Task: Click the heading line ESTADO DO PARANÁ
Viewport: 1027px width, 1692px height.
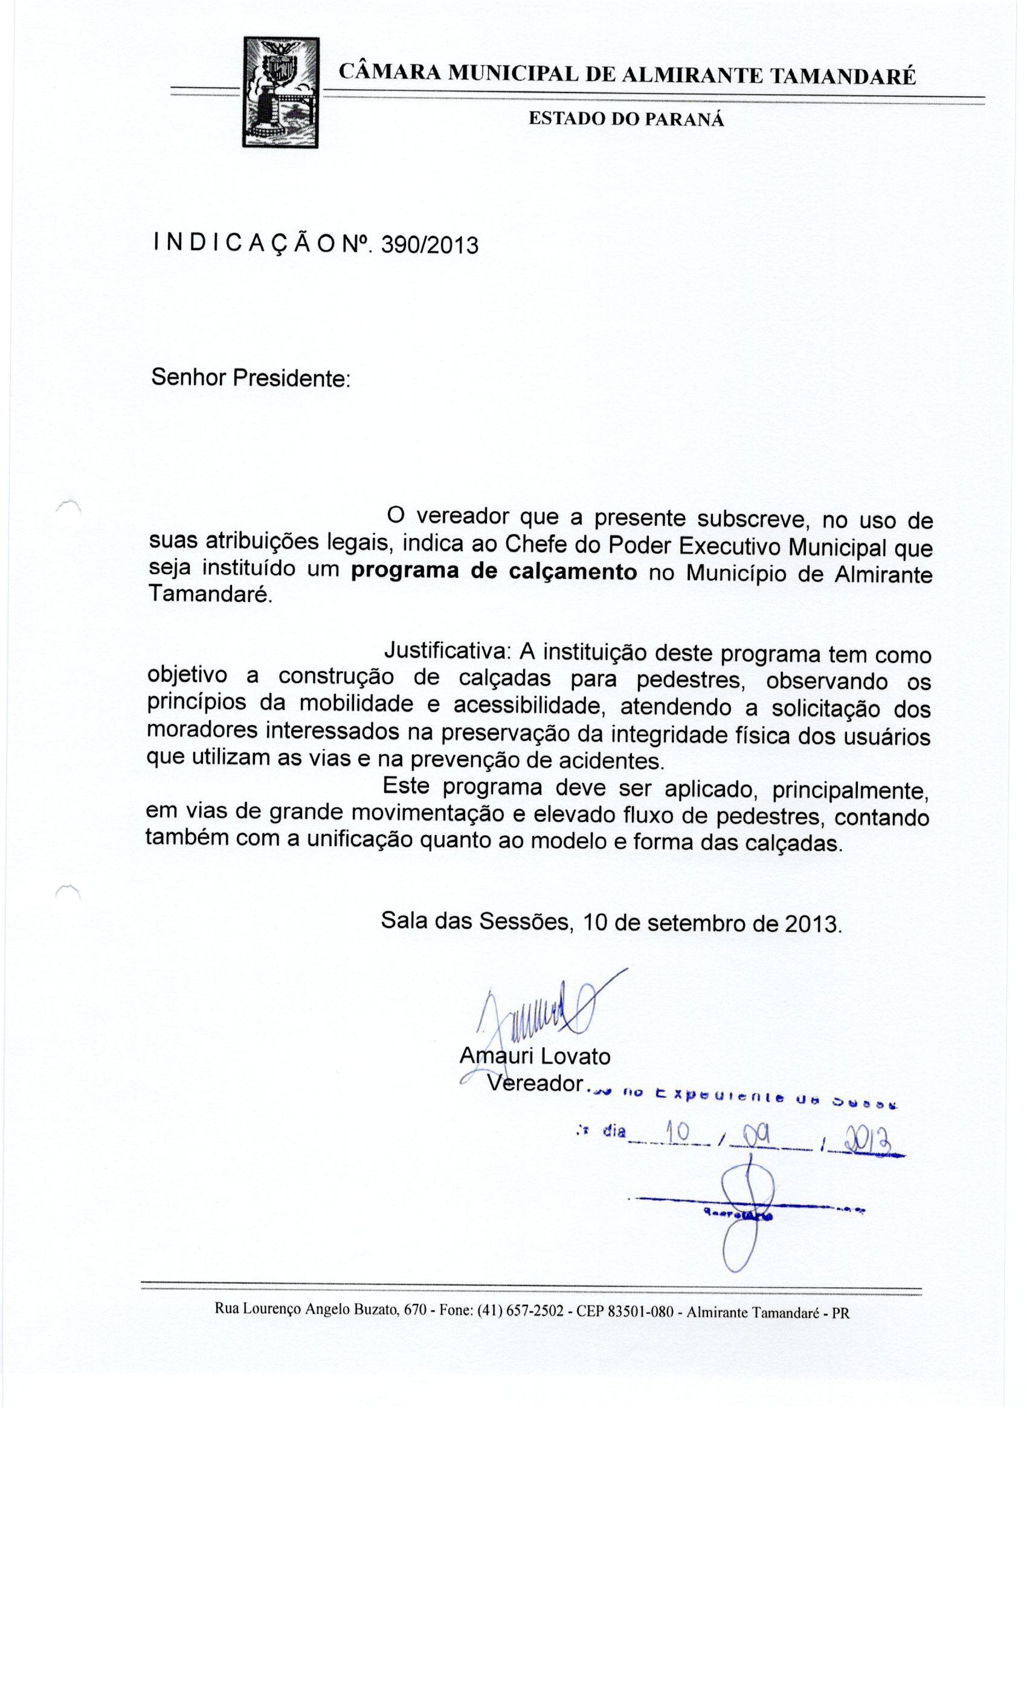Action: click(x=625, y=119)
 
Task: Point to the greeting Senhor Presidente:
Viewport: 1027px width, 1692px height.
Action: click(x=251, y=378)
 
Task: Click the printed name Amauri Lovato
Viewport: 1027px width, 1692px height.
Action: click(x=534, y=1056)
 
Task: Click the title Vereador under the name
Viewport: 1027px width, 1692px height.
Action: click(x=535, y=1083)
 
